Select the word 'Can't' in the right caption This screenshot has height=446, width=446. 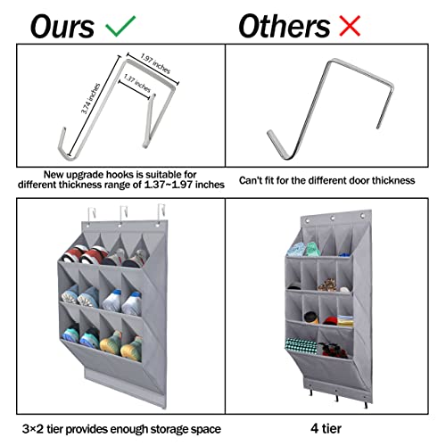pos(252,179)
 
